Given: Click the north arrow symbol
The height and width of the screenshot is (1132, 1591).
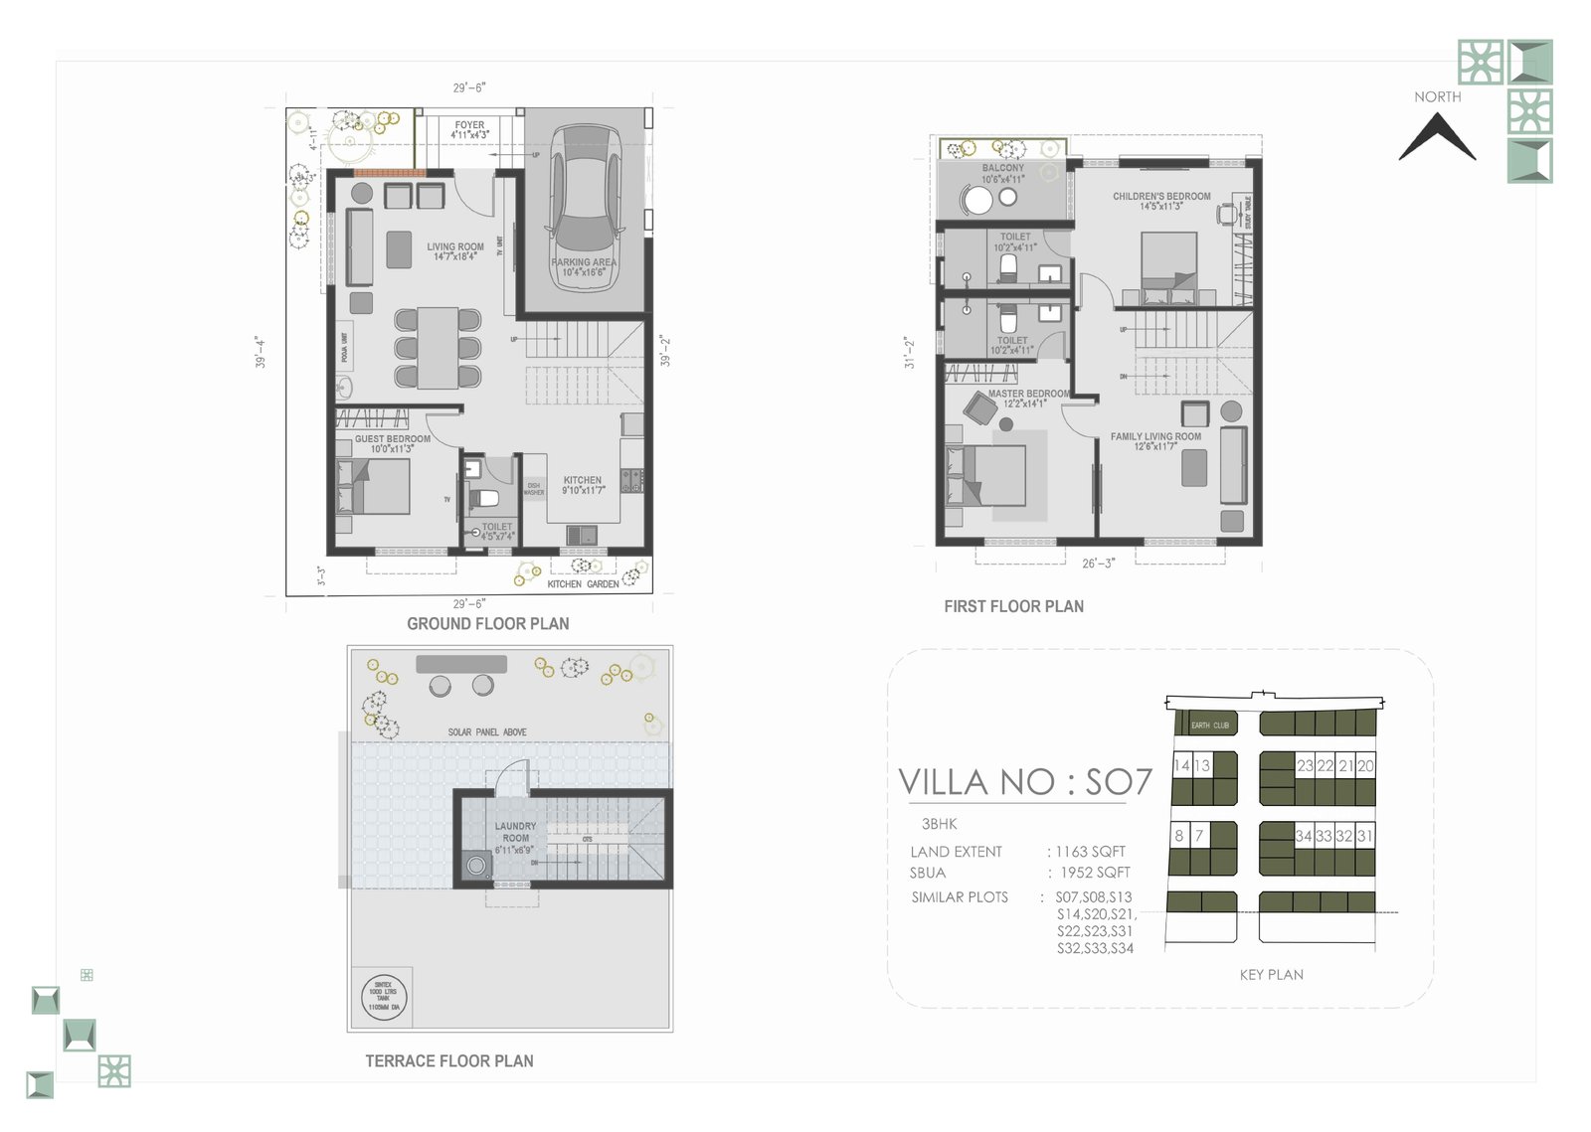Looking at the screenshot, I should click(x=1437, y=136).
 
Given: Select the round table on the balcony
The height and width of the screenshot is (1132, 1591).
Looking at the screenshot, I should click(x=977, y=201).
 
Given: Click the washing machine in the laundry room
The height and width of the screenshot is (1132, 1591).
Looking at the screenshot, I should click(x=477, y=866).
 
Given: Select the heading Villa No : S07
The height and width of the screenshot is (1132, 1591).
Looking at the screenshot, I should click(x=1024, y=783).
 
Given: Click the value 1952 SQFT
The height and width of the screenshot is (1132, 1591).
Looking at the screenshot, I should click(x=1095, y=873).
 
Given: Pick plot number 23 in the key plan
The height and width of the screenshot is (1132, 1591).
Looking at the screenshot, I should click(x=1305, y=766).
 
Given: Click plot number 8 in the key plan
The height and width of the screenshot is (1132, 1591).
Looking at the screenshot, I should click(x=1179, y=836).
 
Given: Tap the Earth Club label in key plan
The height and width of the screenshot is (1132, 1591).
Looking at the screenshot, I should click(x=1210, y=726).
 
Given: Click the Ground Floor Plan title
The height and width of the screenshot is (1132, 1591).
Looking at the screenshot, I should click(x=487, y=624).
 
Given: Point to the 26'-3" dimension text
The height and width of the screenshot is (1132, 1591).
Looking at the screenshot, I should click(x=1098, y=564).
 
